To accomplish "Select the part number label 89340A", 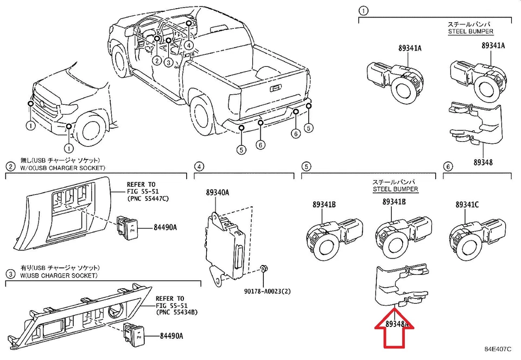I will [217, 192].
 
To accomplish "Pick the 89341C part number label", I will [467, 205].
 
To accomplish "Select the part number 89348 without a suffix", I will [482, 162].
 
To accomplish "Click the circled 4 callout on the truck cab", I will [188, 45].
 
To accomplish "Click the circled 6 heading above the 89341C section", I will [448, 166].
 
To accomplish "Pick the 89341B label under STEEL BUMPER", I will [394, 201].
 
